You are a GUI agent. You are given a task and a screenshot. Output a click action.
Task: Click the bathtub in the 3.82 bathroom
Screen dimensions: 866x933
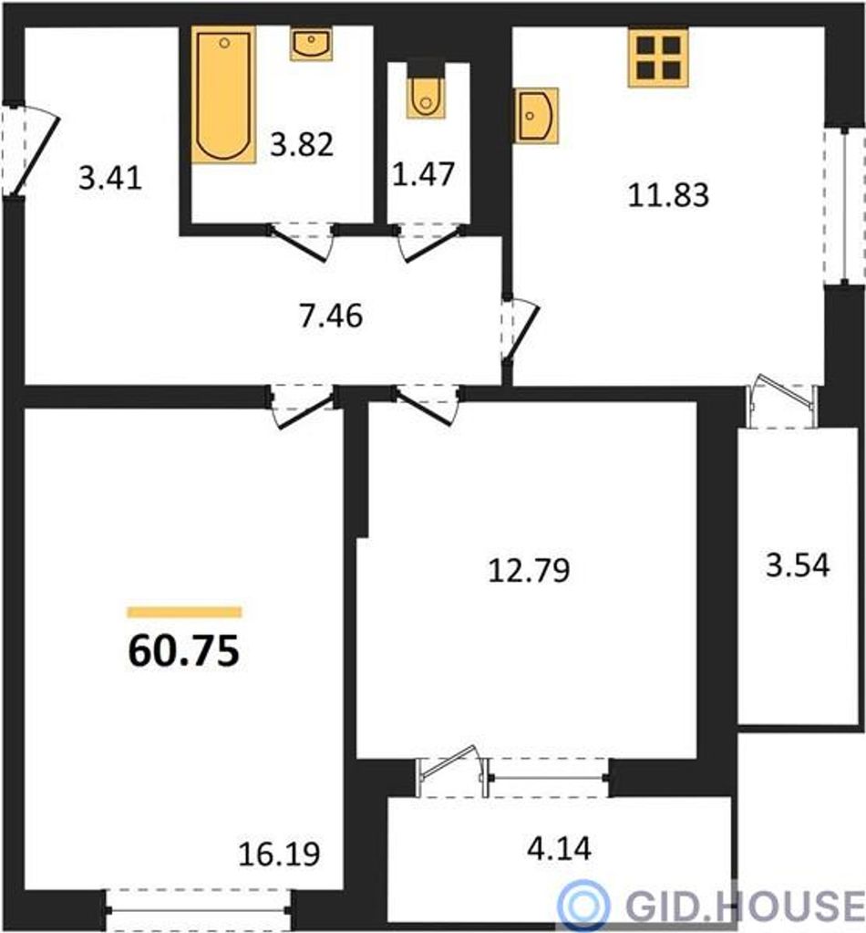coord(223,95)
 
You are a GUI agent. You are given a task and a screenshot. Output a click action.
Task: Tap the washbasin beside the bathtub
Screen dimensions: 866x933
coord(311,45)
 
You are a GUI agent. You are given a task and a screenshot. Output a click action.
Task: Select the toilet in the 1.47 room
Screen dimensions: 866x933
coord(426,97)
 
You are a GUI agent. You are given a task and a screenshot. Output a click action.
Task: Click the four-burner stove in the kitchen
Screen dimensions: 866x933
coord(658,57)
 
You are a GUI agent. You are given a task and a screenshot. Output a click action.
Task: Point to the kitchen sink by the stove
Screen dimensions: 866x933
coord(537,116)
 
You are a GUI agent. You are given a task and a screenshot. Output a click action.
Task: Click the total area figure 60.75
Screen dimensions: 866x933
coord(184,650)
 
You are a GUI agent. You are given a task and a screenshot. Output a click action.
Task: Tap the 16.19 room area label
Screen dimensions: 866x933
coord(279,854)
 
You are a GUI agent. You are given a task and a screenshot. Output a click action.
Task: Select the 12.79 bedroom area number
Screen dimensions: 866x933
coord(529,569)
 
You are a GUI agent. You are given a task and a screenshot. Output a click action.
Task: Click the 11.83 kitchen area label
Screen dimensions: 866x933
coord(668,194)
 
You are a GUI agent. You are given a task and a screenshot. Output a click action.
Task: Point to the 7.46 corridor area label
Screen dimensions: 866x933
coord(331,316)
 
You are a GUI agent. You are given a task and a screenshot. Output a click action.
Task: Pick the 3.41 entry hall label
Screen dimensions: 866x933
coord(110,177)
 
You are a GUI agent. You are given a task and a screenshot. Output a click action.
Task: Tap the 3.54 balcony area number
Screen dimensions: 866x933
coord(798,565)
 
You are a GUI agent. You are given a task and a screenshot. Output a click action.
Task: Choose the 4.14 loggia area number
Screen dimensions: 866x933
coord(559,848)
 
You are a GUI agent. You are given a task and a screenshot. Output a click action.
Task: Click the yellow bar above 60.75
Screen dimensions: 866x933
coord(184,612)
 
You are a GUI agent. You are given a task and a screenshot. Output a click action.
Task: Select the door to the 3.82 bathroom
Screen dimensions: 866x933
coord(300,242)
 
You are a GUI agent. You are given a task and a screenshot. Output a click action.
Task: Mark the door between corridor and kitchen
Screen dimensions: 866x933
coord(521,330)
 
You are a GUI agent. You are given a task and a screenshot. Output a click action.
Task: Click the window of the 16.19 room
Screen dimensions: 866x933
coord(198,910)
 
